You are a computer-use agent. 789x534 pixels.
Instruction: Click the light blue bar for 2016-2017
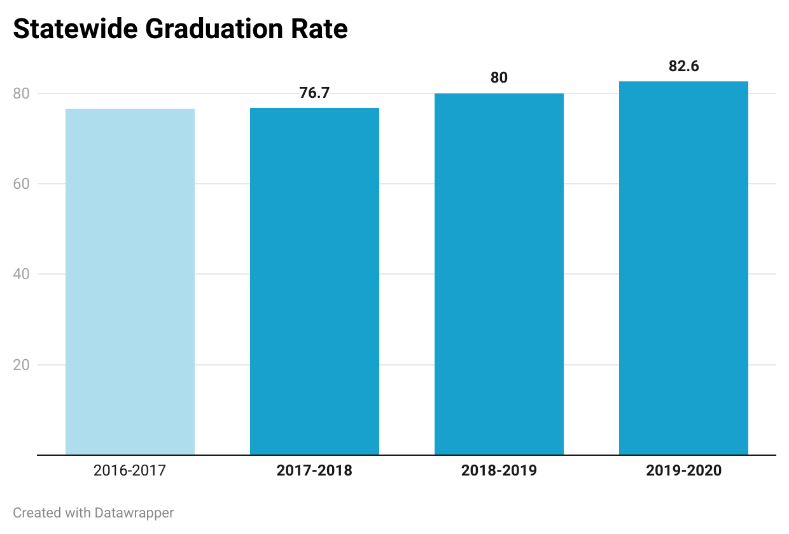point(130,282)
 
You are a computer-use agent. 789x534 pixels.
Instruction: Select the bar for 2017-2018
point(314,282)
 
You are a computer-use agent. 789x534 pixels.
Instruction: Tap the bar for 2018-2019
point(499,274)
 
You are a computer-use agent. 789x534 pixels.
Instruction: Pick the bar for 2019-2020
point(683,268)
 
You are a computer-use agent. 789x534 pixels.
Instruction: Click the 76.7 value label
point(314,93)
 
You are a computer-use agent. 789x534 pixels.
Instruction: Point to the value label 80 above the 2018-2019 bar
point(499,78)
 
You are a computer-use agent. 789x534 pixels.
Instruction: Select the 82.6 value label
point(683,66)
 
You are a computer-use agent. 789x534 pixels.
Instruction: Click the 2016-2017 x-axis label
point(130,471)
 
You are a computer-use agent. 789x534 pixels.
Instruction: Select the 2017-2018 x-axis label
point(314,471)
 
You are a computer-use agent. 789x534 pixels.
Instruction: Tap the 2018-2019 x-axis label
point(499,471)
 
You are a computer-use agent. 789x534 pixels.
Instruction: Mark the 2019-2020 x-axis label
point(683,471)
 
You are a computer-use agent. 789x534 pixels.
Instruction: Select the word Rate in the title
point(324,29)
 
